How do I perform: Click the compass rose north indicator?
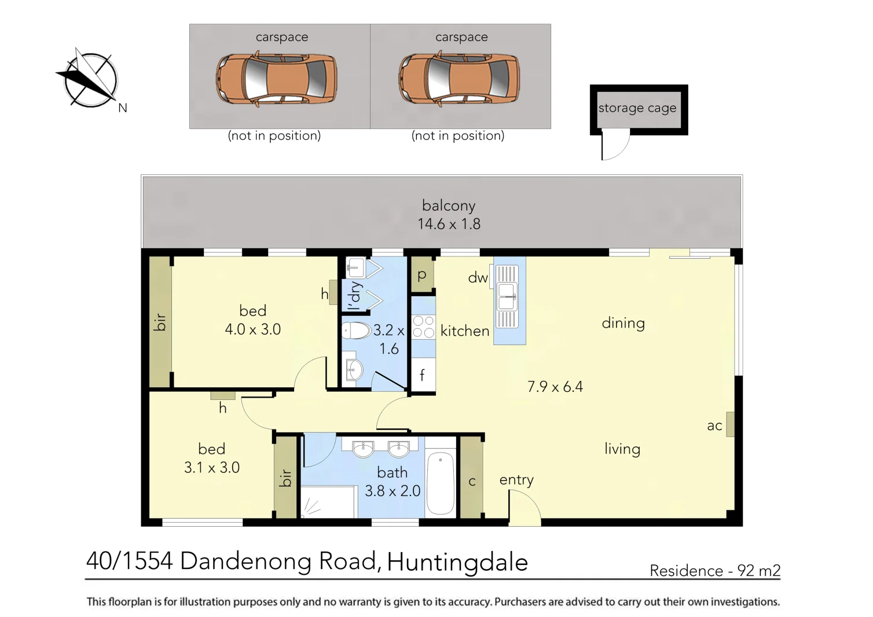click(x=90, y=80)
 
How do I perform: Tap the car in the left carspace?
click(x=276, y=79)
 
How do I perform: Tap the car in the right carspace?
click(x=458, y=79)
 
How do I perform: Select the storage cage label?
click(x=637, y=108)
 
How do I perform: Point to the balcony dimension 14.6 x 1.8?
click(x=449, y=224)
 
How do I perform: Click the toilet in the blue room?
click(x=356, y=330)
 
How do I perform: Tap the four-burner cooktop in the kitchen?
click(x=423, y=327)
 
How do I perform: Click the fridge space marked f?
click(x=423, y=375)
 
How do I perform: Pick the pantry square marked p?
click(x=422, y=275)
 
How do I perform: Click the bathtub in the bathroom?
click(x=441, y=483)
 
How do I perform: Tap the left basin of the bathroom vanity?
click(x=363, y=449)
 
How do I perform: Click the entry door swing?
click(x=524, y=508)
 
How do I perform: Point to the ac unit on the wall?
click(x=730, y=424)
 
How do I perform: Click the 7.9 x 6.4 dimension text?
click(x=555, y=387)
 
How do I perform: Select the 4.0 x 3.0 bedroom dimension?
click(x=253, y=329)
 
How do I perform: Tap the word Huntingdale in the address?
click(x=457, y=562)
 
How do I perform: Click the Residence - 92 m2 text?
click(x=715, y=571)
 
